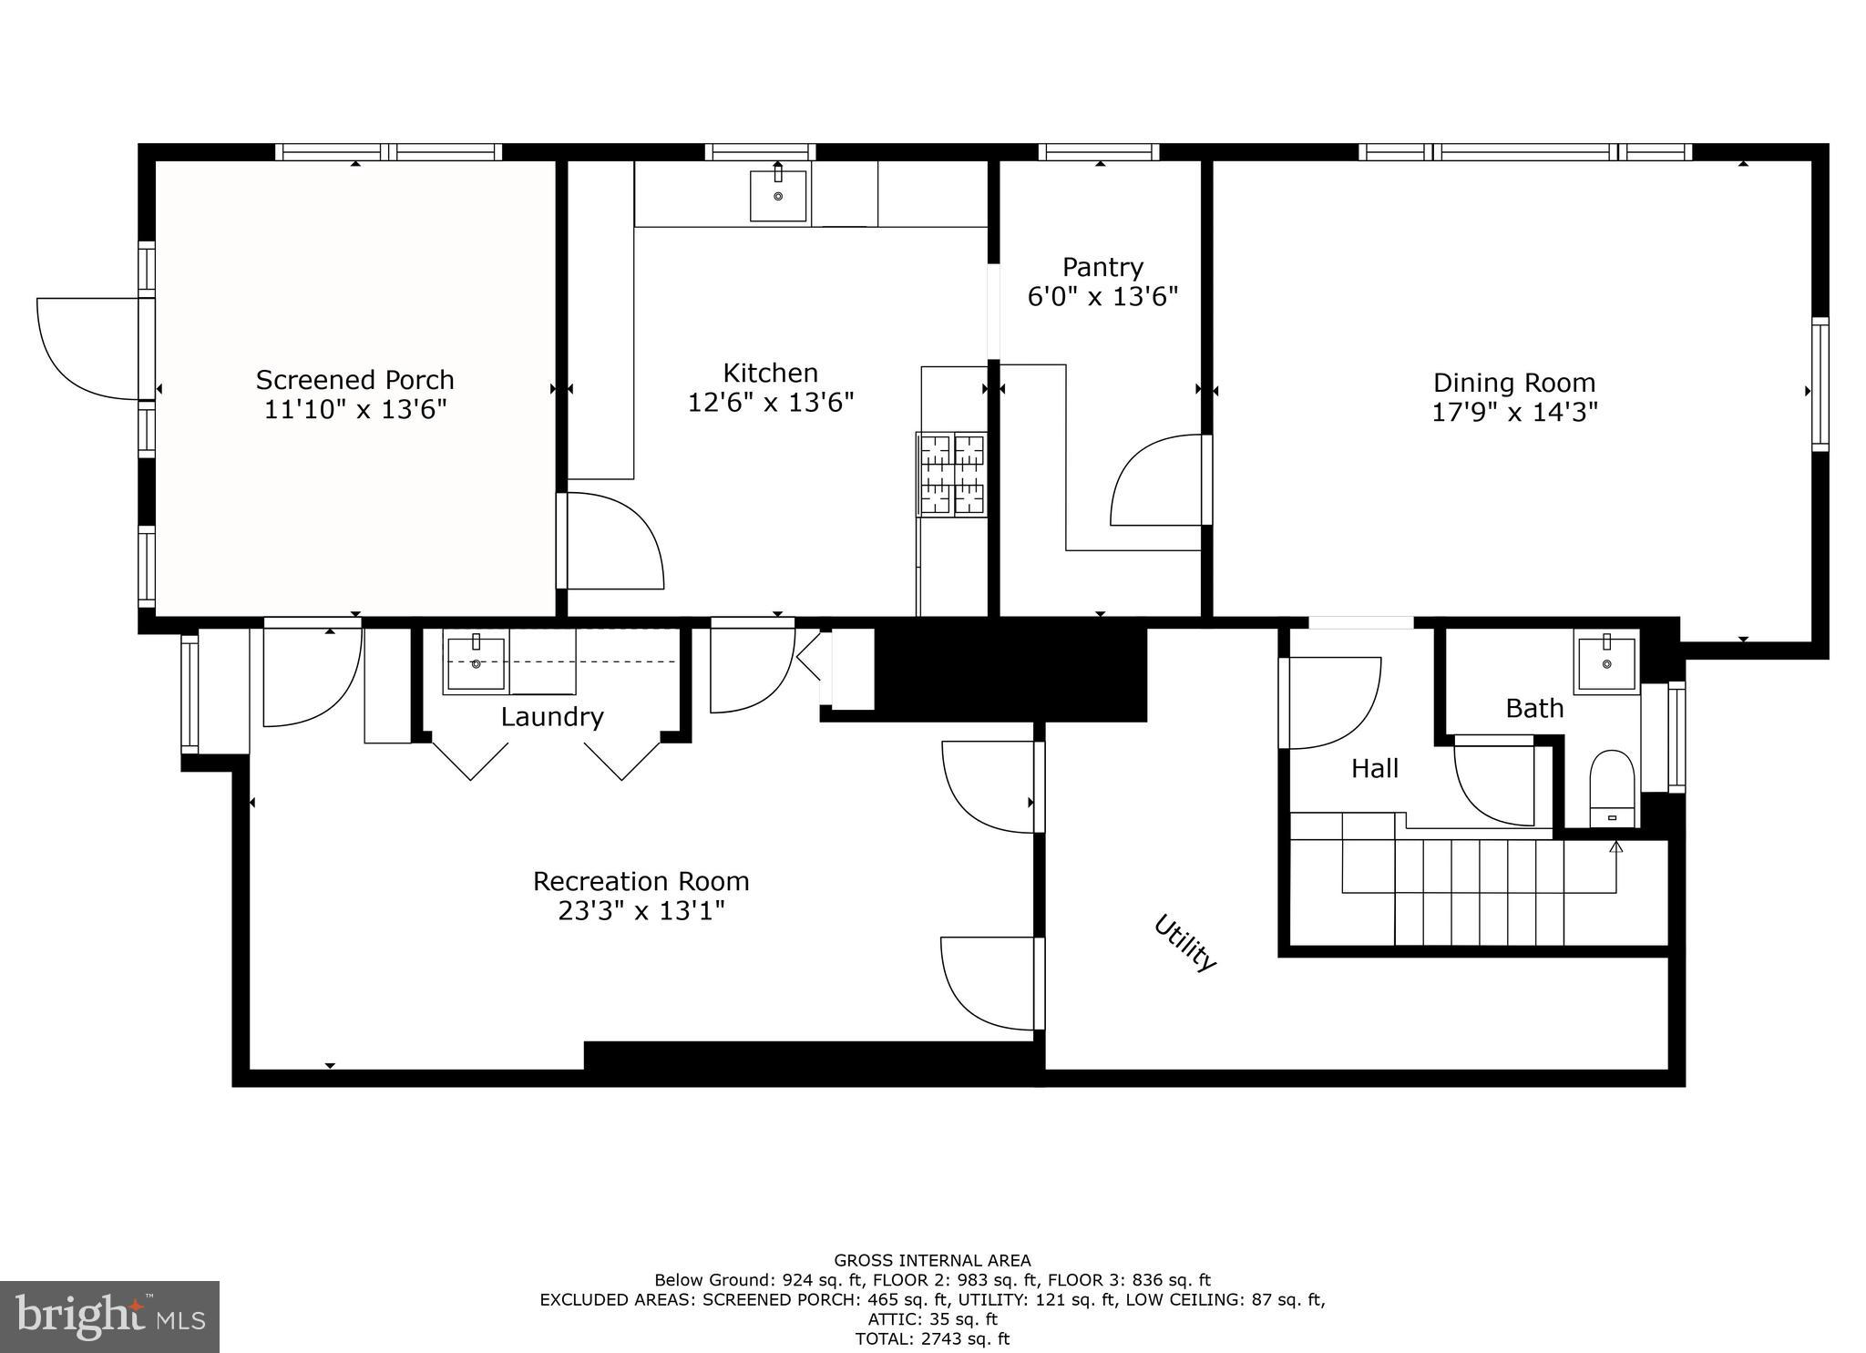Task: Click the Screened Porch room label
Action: point(354,380)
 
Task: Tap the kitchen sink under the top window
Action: point(777,195)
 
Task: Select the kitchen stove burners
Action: point(952,474)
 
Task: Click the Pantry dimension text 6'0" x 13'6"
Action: point(1102,297)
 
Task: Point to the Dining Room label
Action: point(1513,383)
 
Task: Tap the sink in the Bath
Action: point(1606,665)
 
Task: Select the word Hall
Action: point(1374,769)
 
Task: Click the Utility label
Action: point(1184,943)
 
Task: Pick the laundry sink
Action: point(475,663)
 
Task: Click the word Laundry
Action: point(551,717)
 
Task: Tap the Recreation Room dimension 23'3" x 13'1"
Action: point(641,911)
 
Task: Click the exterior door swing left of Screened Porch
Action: point(87,351)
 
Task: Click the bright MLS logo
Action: point(109,1317)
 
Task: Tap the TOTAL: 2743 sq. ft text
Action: point(931,1338)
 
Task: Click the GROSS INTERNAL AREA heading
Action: point(932,1260)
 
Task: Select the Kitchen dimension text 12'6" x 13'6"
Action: point(770,403)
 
